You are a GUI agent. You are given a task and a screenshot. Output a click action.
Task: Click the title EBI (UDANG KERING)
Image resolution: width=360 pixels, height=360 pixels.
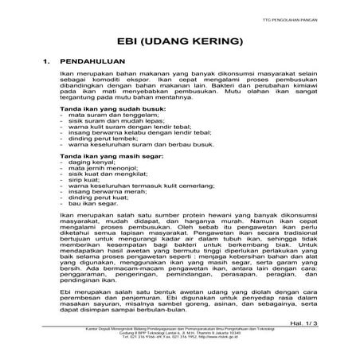click(x=180, y=39)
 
